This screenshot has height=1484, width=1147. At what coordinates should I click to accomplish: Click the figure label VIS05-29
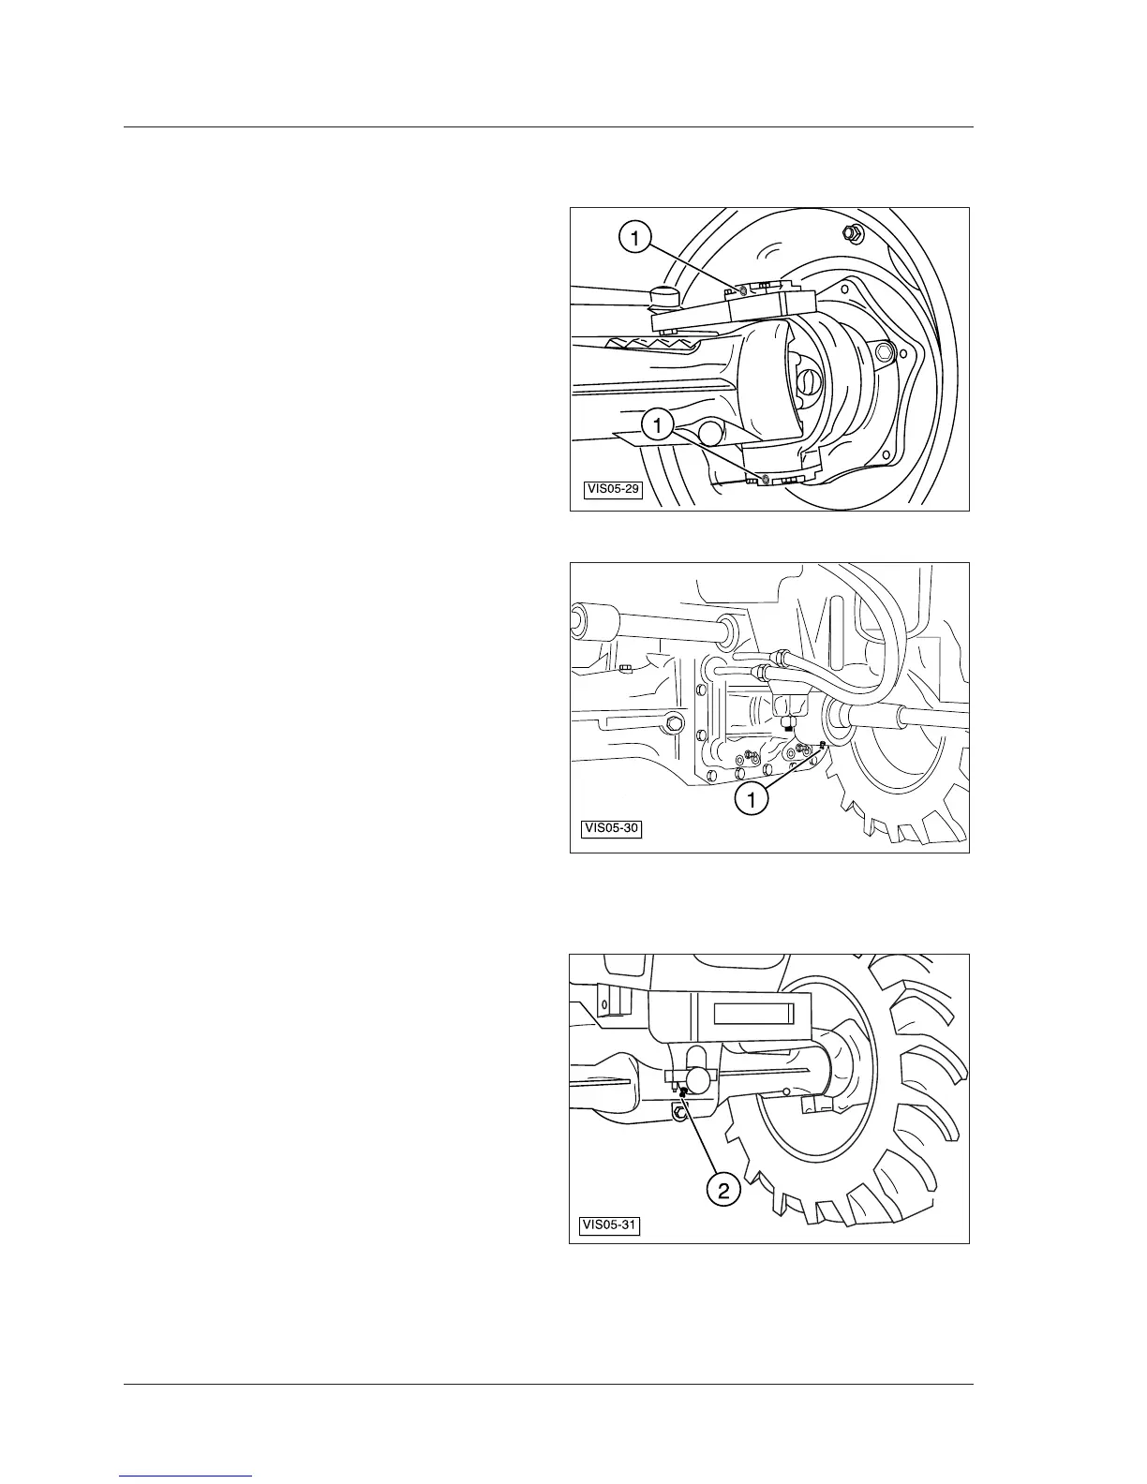614,489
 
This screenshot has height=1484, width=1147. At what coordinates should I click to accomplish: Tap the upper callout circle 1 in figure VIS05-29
635,240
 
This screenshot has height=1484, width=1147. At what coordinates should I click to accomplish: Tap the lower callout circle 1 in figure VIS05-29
658,426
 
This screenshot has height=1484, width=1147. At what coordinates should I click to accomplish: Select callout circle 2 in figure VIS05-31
722,1191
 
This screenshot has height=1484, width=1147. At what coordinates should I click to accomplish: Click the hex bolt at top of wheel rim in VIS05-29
853,231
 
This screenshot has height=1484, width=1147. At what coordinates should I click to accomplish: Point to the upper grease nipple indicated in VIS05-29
743,291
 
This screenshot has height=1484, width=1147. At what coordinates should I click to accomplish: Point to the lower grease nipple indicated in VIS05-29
767,480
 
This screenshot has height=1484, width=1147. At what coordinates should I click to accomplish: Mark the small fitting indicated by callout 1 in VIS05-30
821,745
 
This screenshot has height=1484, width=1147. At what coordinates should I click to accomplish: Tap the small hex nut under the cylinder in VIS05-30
789,724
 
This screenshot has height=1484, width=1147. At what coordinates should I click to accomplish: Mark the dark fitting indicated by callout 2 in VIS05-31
684,1091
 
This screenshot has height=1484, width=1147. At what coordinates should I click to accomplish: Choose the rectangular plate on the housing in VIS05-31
754,1013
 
